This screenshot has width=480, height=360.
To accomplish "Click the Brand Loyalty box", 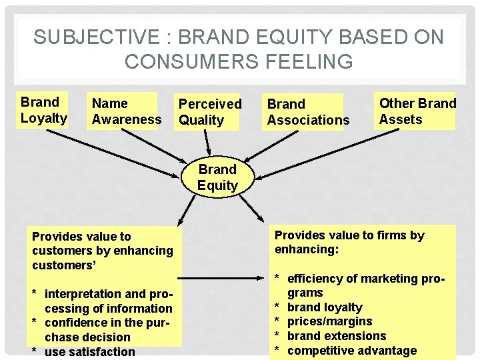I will tap(44, 110).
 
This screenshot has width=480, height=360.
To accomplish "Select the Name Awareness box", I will tap(126, 111).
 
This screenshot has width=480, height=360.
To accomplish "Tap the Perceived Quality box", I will tap(209, 112).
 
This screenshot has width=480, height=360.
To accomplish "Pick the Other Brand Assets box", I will tap(417, 111).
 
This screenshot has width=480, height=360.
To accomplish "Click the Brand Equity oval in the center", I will tap(217, 177).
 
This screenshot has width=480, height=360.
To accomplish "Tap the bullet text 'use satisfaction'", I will tap(89, 351).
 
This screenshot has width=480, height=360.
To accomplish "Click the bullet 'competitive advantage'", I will tap(351, 351).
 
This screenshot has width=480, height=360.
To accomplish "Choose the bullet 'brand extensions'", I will tap(337, 336).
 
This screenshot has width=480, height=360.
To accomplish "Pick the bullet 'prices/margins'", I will tap(329, 321).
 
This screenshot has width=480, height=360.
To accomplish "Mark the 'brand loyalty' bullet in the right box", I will tap(325, 307).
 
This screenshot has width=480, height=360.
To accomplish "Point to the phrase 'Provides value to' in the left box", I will tap(81, 236).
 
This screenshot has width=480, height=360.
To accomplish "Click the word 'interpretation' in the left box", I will tap(85, 294).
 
